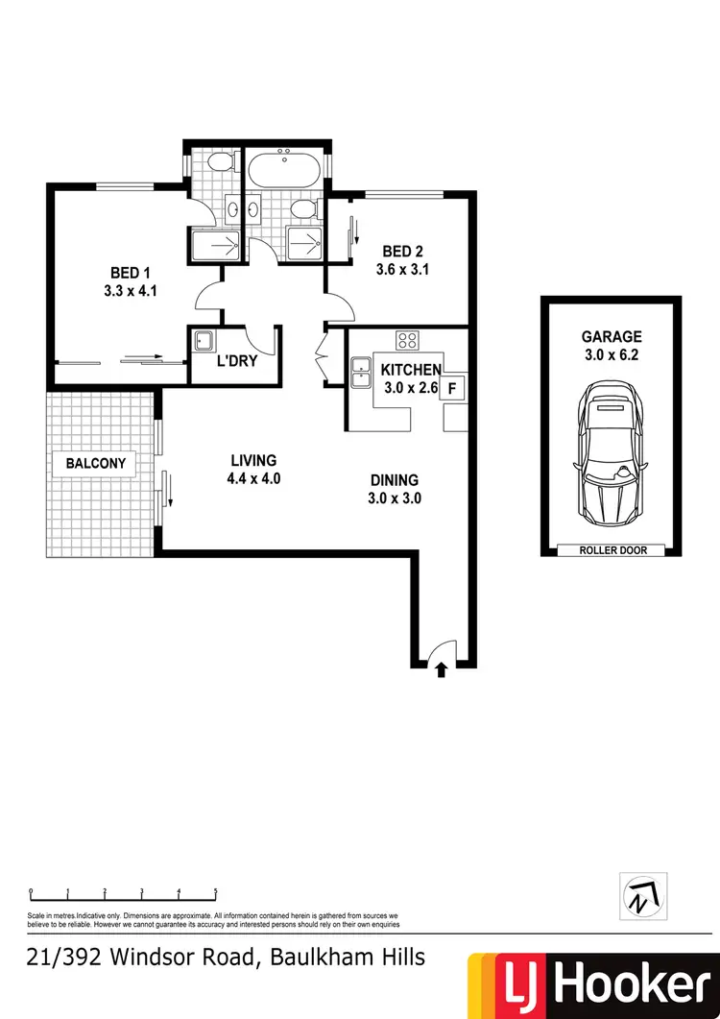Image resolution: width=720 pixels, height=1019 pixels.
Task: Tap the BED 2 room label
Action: [402, 252]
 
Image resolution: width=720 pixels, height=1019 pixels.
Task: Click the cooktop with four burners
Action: [407, 340]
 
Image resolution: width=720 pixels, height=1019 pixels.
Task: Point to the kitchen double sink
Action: [361, 372]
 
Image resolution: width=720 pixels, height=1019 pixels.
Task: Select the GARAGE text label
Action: [612, 337]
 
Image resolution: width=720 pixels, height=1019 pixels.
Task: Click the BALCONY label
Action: [96, 464]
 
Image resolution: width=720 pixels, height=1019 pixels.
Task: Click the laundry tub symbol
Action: [203, 341]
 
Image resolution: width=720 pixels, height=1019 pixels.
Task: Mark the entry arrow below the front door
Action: [442, 669]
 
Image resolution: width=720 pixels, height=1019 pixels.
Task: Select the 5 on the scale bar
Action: [216, 891]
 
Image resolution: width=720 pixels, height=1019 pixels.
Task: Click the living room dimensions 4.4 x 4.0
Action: [253, 477]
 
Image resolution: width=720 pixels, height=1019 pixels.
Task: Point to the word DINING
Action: [395, 481]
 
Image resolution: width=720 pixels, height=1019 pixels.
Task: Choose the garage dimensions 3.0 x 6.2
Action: [612, 355]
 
